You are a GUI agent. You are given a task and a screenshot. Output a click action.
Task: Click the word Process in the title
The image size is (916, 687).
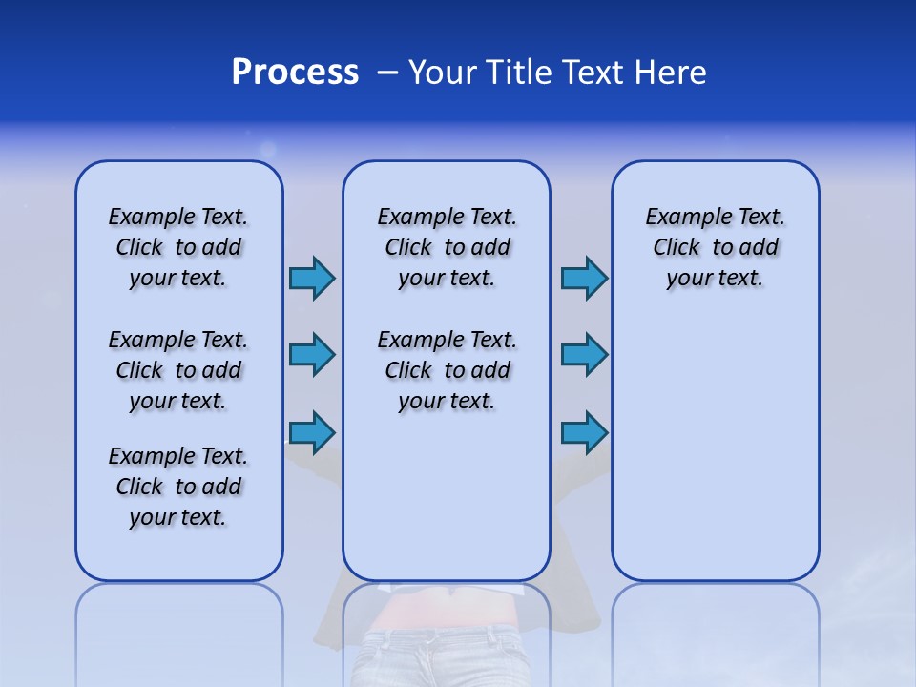tap(295, 72)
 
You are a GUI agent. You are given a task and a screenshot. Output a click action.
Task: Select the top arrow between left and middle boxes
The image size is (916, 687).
tap(312, 278)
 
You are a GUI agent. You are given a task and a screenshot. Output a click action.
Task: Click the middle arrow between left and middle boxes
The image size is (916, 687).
tap(312, 355)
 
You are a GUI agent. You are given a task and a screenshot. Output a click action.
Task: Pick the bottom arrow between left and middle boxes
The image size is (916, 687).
tap(312, 432)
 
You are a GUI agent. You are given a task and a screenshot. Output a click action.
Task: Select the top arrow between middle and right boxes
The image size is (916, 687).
tap(584, 278)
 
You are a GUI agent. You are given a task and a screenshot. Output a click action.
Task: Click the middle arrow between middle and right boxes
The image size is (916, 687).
tap(584, 355)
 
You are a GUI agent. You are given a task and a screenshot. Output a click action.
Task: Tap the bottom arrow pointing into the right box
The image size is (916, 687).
tap(584, 432)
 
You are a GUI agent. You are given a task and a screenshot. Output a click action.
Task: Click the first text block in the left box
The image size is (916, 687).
tap(178, 247)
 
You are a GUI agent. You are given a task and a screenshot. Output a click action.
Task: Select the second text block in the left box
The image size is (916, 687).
tap(178, 370)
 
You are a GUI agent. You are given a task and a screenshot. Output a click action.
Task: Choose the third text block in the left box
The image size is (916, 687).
tap(178, 487)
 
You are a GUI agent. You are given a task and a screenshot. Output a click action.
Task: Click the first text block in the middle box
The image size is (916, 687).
tap(447, 247)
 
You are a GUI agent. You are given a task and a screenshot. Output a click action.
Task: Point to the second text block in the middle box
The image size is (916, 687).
tap(447, 370)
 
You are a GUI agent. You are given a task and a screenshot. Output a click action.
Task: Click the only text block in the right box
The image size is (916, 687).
tap(715, 247)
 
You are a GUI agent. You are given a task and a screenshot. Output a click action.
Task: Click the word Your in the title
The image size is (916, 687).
tap(442, 72)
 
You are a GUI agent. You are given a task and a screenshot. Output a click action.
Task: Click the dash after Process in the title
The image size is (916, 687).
tap(387, 73)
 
